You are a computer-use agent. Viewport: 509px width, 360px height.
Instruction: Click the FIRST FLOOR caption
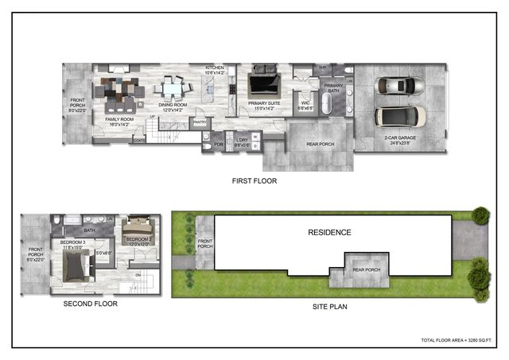[254, 181]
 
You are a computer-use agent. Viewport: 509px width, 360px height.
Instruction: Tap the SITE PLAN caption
[328, 306]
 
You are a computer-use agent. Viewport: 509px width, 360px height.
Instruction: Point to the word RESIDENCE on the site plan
[329, 232]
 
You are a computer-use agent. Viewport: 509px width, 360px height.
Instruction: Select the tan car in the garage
[400, 116]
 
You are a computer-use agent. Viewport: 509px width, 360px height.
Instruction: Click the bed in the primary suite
[264, 83]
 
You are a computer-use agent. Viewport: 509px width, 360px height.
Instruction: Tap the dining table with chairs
[172, 85]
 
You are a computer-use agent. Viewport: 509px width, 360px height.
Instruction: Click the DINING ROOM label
[173, 106]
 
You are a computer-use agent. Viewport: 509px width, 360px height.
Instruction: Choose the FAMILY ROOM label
[120, 120]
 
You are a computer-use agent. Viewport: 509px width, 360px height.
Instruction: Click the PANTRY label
[200, 122]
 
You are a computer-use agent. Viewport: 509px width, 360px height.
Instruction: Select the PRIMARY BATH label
[333, 88]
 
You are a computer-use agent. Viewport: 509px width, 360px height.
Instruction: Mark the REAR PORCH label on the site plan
[367, 269]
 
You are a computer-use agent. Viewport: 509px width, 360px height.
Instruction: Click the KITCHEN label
[215, 70]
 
